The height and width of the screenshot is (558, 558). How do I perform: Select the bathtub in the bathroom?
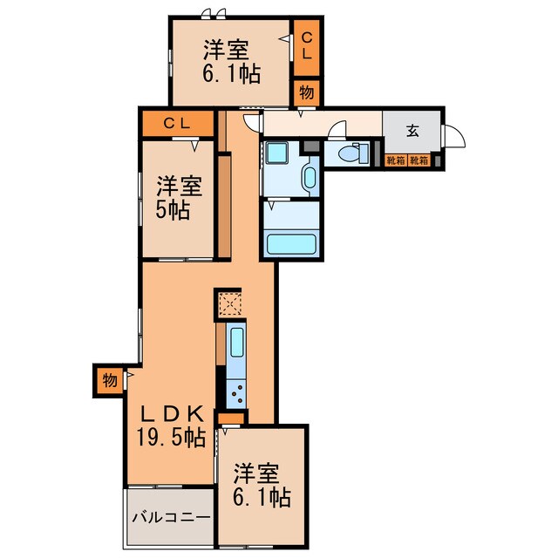pos(292,243)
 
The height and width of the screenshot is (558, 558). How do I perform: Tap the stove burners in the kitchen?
pos(237,394)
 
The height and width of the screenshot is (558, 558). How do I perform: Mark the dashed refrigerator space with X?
pos(230,303)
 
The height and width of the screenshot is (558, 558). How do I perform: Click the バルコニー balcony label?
pos(171,517)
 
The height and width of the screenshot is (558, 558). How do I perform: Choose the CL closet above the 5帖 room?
pos(177,124)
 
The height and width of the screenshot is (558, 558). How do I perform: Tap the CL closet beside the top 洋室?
pos(306,45)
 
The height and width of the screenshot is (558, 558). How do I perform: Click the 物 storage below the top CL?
pos(306,91)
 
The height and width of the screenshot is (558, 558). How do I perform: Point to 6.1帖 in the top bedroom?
pos(231,73)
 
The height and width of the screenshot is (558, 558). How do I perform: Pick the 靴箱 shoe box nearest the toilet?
pos(396,160)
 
